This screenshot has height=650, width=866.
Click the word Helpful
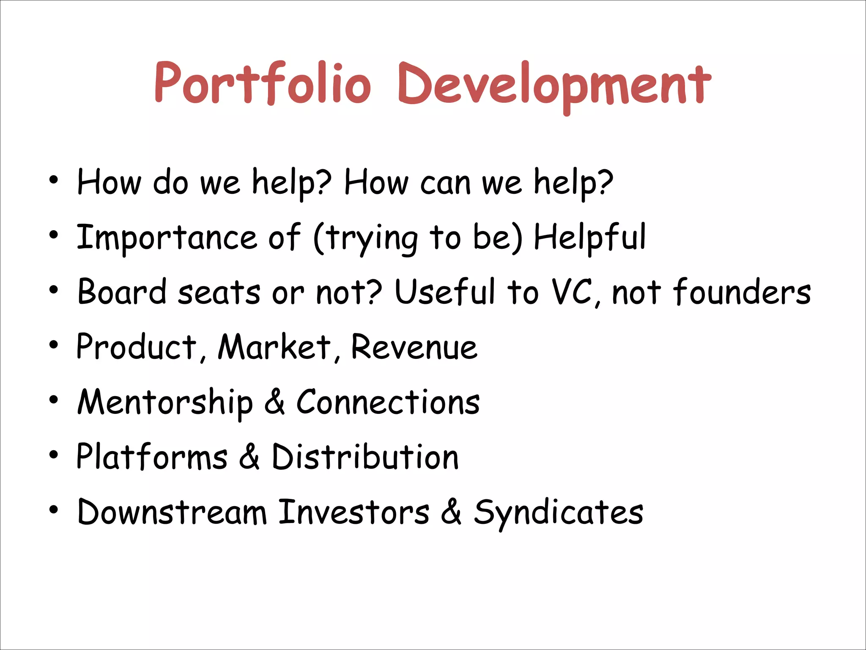tap(590, 238)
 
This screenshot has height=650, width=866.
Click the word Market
tap(275, 347)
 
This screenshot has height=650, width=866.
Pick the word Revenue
tap(414, 347)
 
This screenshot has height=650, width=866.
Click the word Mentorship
tap(165, 402)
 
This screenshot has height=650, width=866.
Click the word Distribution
tap(365, 457)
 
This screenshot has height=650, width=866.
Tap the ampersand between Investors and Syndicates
tap(451, 512)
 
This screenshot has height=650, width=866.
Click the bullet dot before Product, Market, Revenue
tap(53, 346)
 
